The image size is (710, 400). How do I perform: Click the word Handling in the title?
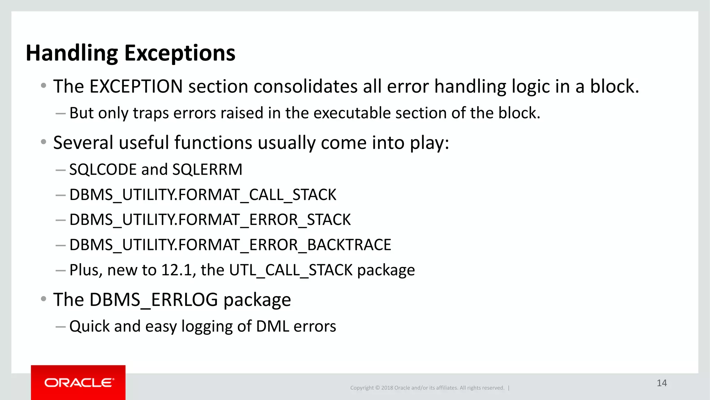click(72, 53)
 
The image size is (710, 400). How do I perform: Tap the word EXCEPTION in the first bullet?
click(136, 86)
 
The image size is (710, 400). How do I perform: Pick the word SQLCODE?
click(103, 170)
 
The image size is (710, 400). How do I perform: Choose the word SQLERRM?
click(207, 170)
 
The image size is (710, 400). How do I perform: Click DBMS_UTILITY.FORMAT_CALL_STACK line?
click(203, 195)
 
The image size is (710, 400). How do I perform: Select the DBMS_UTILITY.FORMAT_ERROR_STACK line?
click(210, 220)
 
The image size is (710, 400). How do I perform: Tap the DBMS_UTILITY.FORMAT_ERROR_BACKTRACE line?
click(230, 245)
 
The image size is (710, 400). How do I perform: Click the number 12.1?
click(177, 270)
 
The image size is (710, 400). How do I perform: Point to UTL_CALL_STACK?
click(291, 270)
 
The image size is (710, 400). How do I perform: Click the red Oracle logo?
click(78, 383)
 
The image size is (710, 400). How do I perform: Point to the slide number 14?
click(661, 383)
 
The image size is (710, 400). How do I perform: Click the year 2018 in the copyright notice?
click(387, 388)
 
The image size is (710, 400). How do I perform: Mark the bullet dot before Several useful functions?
click(43, 142)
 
